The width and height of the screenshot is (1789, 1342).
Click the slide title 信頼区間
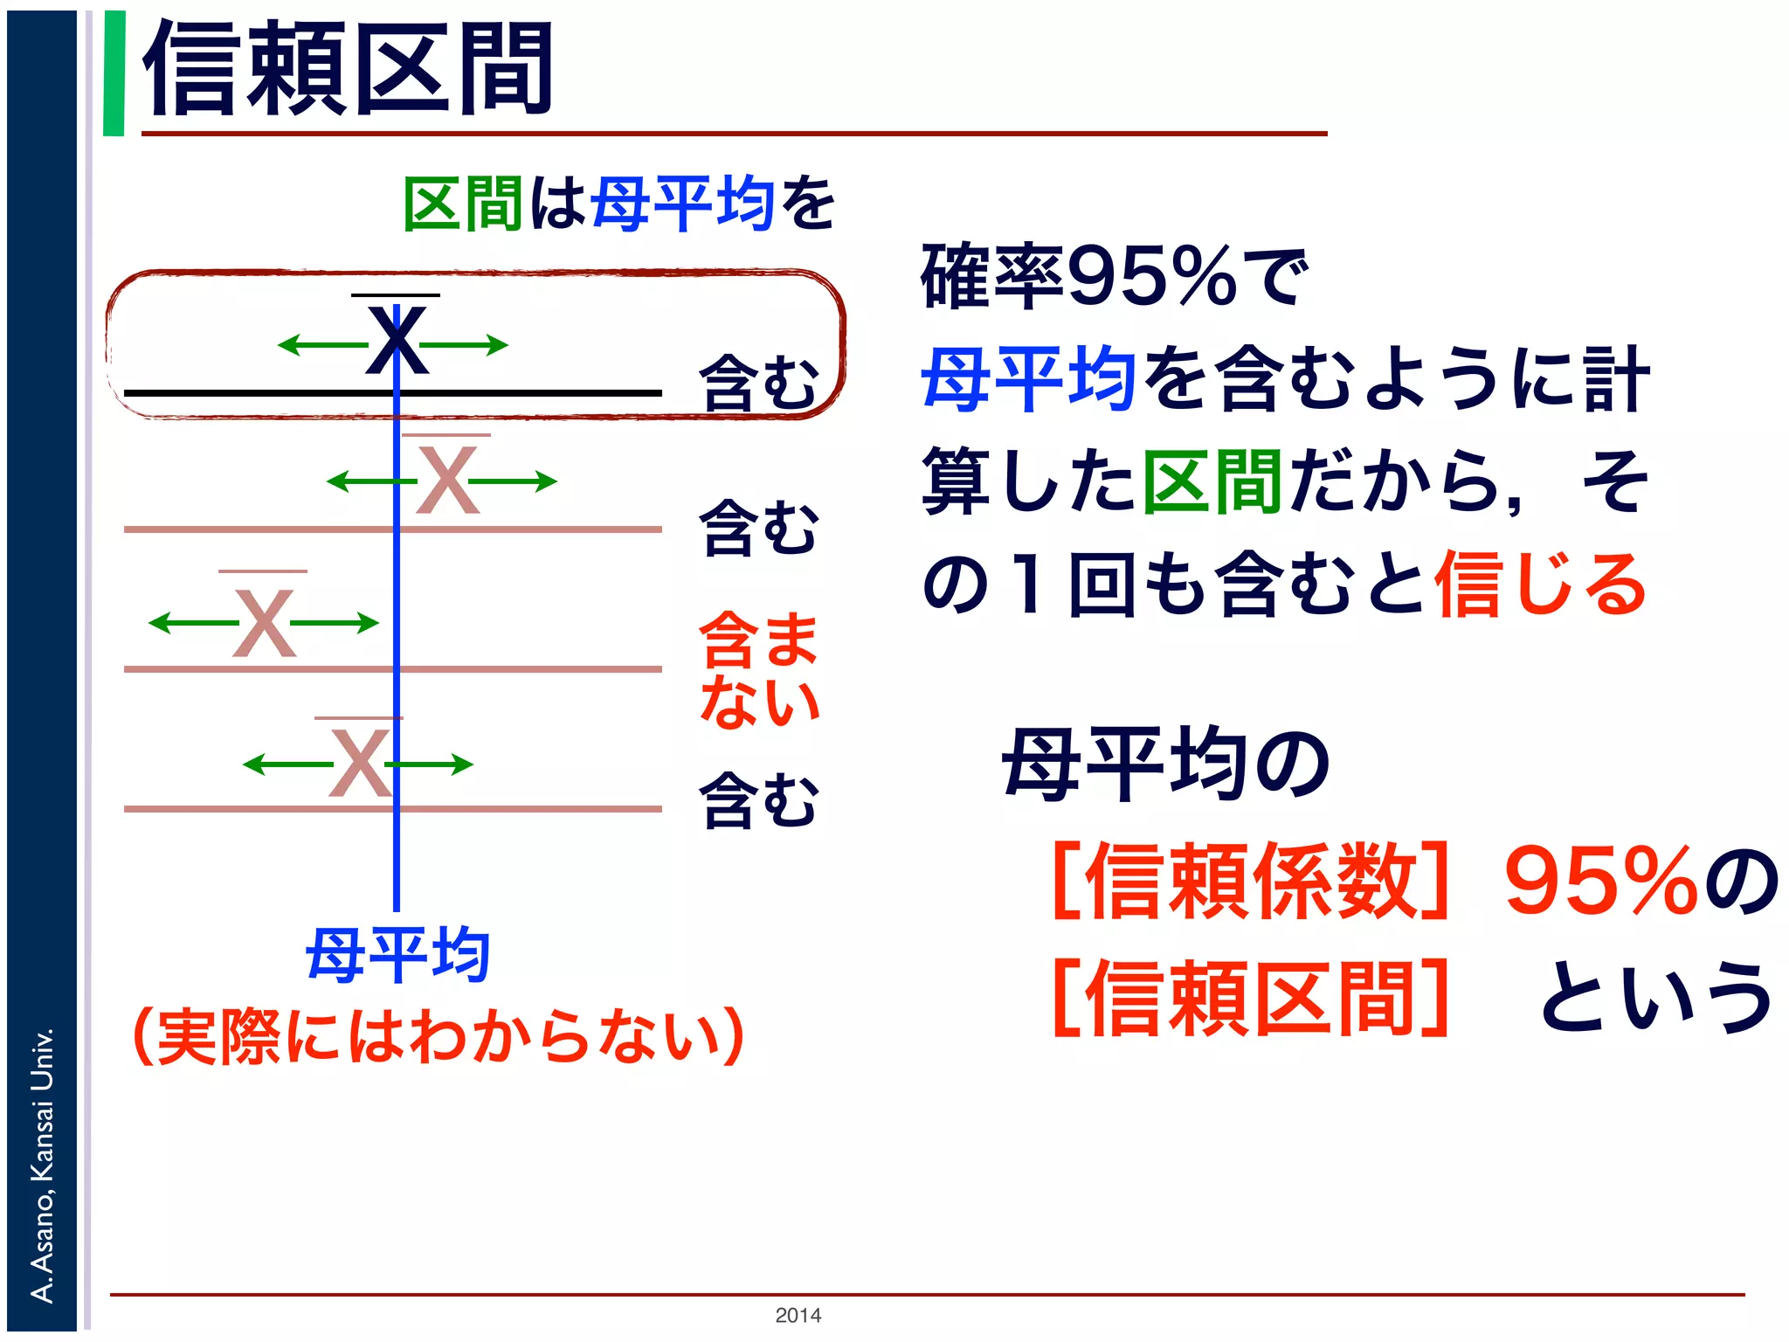tap(348, 70)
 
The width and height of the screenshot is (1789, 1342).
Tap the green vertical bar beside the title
tap(114, 73)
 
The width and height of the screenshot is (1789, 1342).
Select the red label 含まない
tap(758, 669)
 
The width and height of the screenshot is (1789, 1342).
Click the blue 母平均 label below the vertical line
tap(397, 955)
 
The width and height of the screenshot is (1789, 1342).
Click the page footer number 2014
tap(798, 1315)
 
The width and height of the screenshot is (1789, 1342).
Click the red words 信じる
tap(1540, 584)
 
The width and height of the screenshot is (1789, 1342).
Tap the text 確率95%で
tap(1115, 278)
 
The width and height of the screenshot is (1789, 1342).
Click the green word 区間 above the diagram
tap(463, 204)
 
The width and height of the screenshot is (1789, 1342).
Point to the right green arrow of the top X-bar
tap(467, 345)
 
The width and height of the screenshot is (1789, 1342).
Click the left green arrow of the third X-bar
tap(192, 623)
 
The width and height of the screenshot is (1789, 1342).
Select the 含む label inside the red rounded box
tap(758, 383)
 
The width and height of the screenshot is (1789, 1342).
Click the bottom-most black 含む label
tap(758, 799)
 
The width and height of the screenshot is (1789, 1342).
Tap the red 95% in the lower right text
tap(1601, 881)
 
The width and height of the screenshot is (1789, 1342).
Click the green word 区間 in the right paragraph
tap(1212, 482)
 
